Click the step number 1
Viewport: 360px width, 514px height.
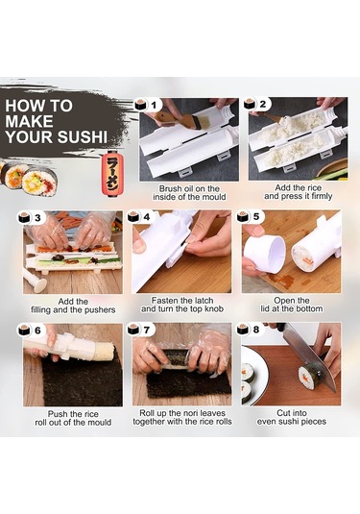154,105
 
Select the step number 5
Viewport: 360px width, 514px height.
256,217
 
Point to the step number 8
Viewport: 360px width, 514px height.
255,330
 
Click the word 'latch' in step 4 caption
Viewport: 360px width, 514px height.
203,301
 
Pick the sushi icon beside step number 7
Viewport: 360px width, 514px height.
132,329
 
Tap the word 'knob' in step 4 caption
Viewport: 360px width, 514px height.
213,308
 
